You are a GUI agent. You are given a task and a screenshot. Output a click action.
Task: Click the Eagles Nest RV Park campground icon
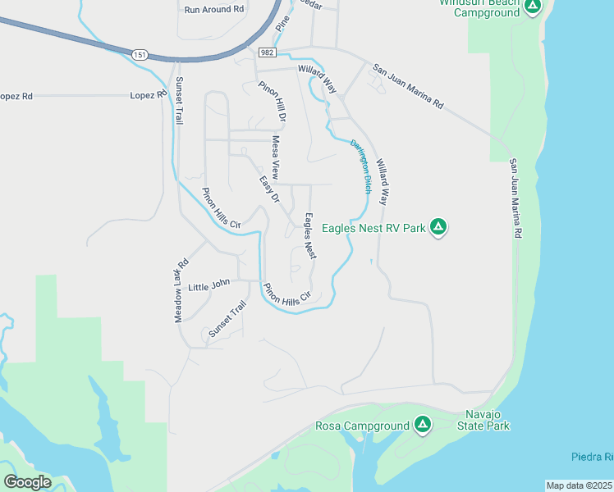[439, 227]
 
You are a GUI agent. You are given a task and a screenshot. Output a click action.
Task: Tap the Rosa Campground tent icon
[422, 425]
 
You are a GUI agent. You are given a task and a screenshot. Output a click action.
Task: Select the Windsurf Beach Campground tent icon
[533, 7]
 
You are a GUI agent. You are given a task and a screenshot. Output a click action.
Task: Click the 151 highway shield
[139, 55]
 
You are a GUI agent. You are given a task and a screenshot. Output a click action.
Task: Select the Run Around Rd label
[214, 9]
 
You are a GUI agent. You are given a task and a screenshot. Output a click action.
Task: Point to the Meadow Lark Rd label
[182, 291]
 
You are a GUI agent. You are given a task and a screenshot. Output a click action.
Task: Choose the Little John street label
[209, 286]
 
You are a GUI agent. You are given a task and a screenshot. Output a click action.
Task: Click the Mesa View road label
[277, 158]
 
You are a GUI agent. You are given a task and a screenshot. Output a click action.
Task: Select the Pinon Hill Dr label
[272, 102]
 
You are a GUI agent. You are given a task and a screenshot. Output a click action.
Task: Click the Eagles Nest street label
[310, 236]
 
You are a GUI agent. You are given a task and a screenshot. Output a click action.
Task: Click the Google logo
[27, 481]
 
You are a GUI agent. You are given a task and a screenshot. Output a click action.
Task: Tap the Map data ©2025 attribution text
[580, 485]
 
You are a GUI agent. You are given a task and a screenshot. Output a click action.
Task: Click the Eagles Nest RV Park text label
[373, 228]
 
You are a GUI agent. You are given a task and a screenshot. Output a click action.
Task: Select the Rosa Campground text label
[362, 426]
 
